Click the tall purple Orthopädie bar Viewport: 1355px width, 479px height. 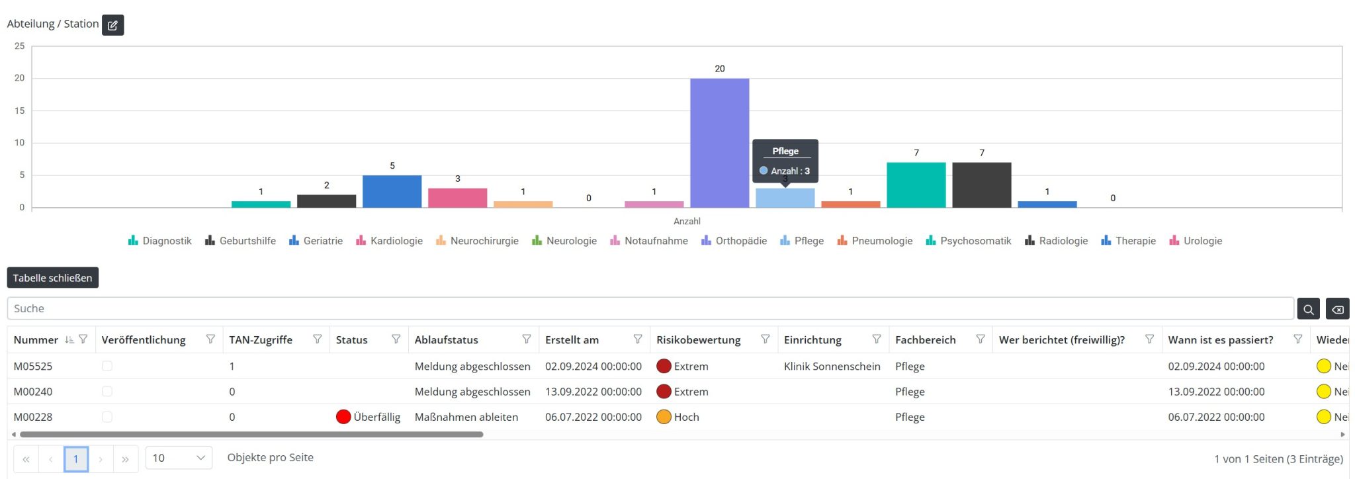719,143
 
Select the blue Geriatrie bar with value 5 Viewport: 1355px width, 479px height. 392,191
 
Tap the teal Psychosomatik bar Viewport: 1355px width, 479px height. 916,185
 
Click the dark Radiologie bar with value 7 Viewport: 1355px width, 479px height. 981,185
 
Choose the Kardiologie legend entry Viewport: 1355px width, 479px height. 389,241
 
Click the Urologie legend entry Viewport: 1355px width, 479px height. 1196,241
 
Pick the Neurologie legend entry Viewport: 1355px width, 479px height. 564,241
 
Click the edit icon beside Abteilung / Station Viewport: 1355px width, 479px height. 113,24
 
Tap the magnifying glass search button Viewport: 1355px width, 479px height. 1308,309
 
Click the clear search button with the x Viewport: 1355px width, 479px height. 1337,309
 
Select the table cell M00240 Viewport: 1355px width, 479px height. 33,392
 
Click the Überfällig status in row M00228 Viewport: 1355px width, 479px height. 369,417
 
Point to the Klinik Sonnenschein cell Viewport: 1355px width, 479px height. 832,366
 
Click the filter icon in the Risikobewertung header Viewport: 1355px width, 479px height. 765,339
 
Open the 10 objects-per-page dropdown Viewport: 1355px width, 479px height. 179,458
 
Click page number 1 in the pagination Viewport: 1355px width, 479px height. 76,458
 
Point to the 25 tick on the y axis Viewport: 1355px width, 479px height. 20,46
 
